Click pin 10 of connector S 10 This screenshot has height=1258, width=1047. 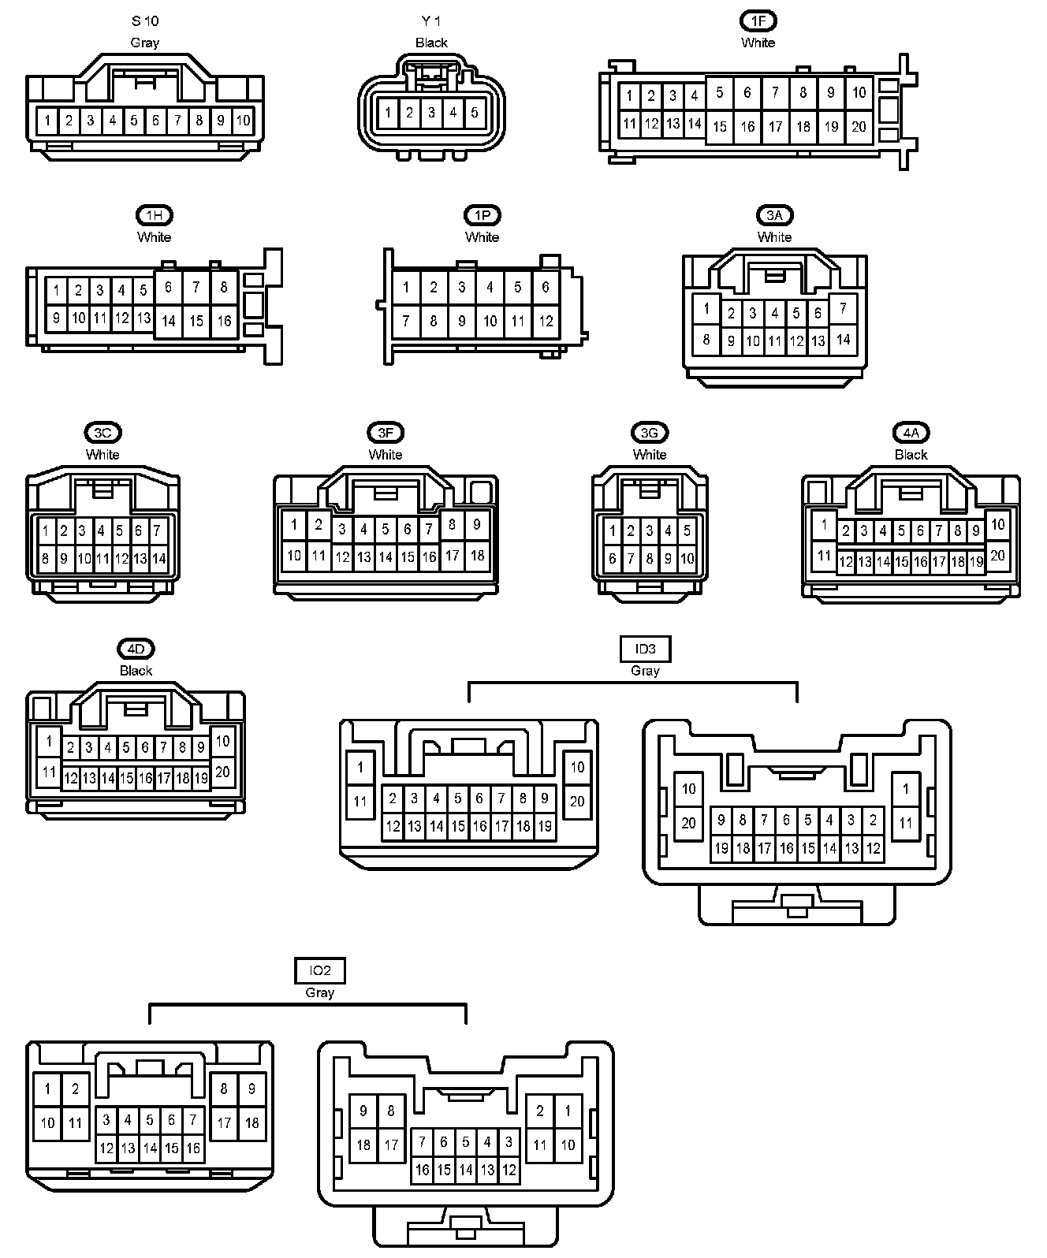pos(243,121)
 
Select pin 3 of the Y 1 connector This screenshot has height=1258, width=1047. pos(431,113)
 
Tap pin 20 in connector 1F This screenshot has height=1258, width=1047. pos(859,126)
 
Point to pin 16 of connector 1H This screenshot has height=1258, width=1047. pos(224,321)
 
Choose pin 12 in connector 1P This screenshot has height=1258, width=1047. pos(546,321)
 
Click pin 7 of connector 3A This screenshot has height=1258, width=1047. pos(843,308)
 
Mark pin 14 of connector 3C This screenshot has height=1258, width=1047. pos(158,559)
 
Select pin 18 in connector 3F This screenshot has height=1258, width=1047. pos(477,556)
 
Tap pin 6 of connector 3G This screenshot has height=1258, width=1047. pos(613,559)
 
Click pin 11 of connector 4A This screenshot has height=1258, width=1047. pos(824,556)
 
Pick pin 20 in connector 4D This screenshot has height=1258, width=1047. pos(222,772)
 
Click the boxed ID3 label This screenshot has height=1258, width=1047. pos(645,649)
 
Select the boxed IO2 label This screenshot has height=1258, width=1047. pos(320,970)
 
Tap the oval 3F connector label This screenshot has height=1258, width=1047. pos(386,432)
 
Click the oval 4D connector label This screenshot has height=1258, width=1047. pos(136,649)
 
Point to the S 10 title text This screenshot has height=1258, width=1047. pos(145,21)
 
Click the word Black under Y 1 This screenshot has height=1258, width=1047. pos(431,43)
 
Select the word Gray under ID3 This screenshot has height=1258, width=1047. pos(645,671)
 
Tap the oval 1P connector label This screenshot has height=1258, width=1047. pos(482,215)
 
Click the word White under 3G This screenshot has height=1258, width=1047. pos(650,454)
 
